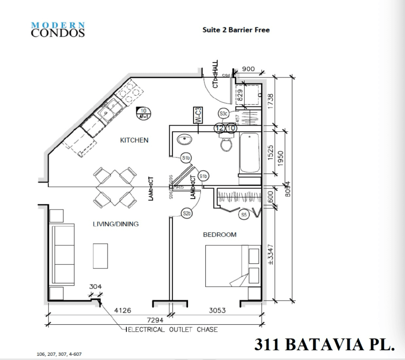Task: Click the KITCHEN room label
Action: click(x=134, y=140)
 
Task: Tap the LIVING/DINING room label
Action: click(x=115, y=224)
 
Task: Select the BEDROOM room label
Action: click(x=220, y=235)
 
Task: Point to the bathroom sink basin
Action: click(x=185, y=140)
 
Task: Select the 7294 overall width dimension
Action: click(x=155, y=320)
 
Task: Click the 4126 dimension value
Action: click(x=122, y=310)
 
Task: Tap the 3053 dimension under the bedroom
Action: click(x=217, y=310)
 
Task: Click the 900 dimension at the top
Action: click(x=248, y=69)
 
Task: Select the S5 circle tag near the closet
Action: click(x=244, y=215)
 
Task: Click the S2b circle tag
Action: click(x=186, y=214)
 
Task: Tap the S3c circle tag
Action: click(x=223, y=114)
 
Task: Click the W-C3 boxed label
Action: click(x=198, y=115)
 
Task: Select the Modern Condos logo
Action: click(x=58, y=29)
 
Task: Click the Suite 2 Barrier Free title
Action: click(x=236, y=30)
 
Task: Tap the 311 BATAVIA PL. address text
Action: click(x=324, y=344)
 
